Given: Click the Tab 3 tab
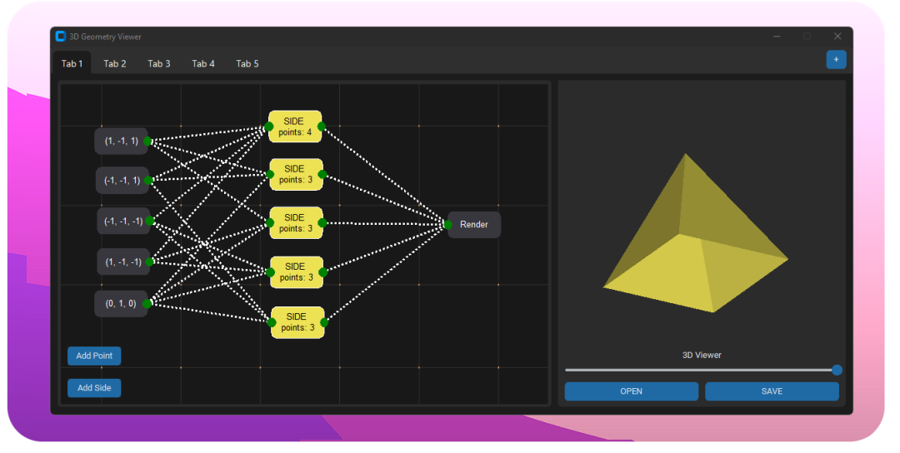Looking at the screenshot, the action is (x=159, y=63).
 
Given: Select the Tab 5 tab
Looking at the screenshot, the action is (x=247, y=63).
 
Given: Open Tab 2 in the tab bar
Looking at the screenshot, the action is (x=115, y=63).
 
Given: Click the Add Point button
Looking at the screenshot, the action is (x=94, y=356).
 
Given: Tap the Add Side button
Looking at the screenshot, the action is (x=94, y=387).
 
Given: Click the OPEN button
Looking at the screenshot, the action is (x=632, y=391).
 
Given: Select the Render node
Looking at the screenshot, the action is (x=474, y=225).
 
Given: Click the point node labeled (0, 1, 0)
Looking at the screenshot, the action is (x=121, y=303).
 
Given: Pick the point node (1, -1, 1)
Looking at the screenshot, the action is (x=121, y=141).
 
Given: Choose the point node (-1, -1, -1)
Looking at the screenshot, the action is (x=123, y=221).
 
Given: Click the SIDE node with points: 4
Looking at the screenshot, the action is (x=295, y=126).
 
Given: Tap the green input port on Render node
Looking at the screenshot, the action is (x=447, y=225).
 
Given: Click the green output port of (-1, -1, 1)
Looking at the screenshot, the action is (x=148, y=180).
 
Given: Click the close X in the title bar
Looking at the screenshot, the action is (x=837, y=36).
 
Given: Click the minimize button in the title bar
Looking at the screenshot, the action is (x=777, y=36).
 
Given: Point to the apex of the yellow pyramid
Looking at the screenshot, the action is (x=685, y=154).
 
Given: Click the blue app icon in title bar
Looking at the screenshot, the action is (x=60, y=36).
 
